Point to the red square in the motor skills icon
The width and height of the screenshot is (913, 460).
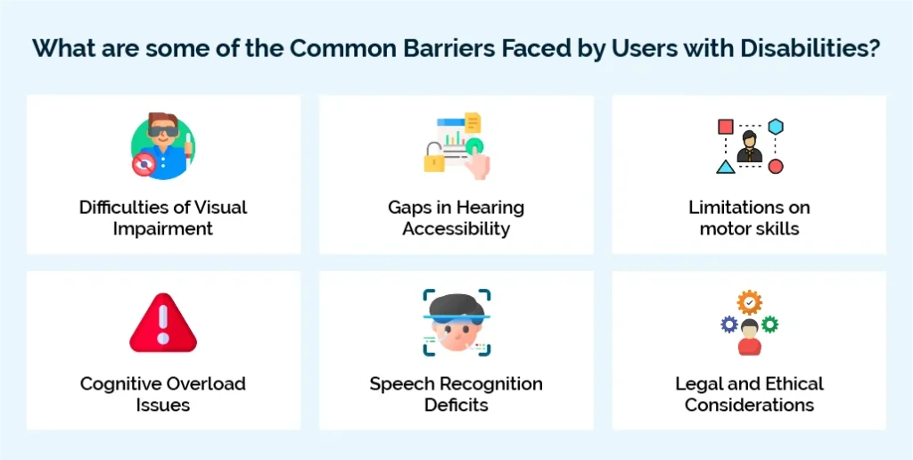(726, 127)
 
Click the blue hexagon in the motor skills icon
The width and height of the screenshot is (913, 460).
(776, 127)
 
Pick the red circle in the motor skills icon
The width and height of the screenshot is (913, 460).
(776, 166)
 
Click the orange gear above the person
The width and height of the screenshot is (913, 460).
(749, 302)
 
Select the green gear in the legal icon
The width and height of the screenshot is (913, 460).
(770, 324)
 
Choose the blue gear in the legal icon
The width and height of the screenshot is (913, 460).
(729, 324)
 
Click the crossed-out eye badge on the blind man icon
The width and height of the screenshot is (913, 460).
(143, 164)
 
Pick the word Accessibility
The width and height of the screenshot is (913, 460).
(456, 229)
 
